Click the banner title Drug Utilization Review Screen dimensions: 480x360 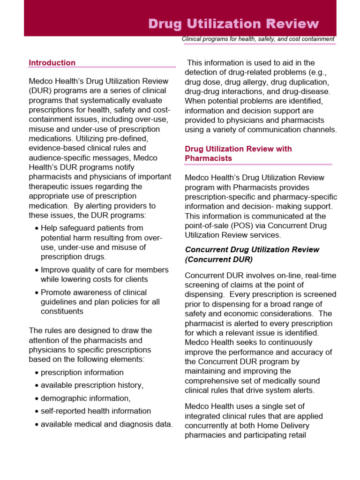tap(233, 24)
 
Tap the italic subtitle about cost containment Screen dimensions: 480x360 tap(258, 39)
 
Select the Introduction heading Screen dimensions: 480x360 tap(52, 63)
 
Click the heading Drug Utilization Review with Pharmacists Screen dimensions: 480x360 tap(238, 153)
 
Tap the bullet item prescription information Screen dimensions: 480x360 tap(82, 373)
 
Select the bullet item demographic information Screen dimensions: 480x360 tap(85, 398)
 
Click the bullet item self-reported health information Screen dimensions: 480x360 tap(96, 411)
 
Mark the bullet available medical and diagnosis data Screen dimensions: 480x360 tap(106, 424)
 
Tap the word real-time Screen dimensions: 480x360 tap(320, 276)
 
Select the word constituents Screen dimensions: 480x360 tap(62, 311)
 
